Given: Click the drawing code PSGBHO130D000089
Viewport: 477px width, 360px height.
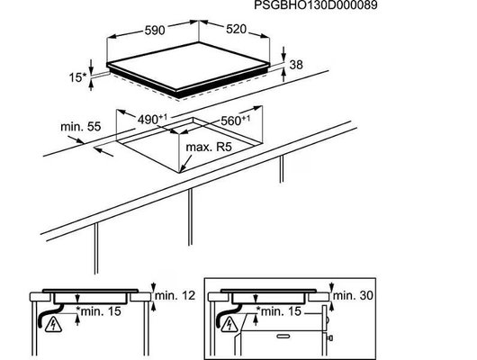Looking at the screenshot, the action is coord(316,4).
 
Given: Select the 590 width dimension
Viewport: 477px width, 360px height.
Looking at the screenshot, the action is coord(155,30).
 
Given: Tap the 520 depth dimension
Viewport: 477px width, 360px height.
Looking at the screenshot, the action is coord(236,29).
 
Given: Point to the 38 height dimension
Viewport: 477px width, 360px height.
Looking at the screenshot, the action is coord(296,65).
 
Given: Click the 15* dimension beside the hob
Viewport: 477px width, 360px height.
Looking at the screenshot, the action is coord(77,77).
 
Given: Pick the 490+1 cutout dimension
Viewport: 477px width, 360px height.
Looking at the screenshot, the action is coord(152,119).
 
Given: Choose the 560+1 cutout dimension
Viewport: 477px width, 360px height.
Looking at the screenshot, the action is coord(235,121).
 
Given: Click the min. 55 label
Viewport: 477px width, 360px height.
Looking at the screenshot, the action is coord(81,127).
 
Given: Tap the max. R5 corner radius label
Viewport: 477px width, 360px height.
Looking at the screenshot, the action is coord(209,147).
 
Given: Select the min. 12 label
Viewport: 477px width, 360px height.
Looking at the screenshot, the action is coord(175,295).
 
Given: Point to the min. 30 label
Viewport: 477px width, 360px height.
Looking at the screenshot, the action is coord(353,295).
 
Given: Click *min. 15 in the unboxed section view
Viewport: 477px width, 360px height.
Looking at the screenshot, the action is coord(99,311).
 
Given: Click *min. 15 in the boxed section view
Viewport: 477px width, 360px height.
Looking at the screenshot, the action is coord(279,311).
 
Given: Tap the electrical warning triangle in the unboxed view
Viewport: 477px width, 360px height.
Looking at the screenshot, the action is coord(53,325).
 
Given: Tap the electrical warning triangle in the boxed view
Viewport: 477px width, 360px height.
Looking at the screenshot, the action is coord(230,324).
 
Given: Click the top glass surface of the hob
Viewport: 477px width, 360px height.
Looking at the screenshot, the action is coord(189,66).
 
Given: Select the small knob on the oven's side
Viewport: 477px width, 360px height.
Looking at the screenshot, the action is coord(329,337).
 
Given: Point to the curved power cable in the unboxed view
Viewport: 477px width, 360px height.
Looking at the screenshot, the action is coord(49,314).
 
